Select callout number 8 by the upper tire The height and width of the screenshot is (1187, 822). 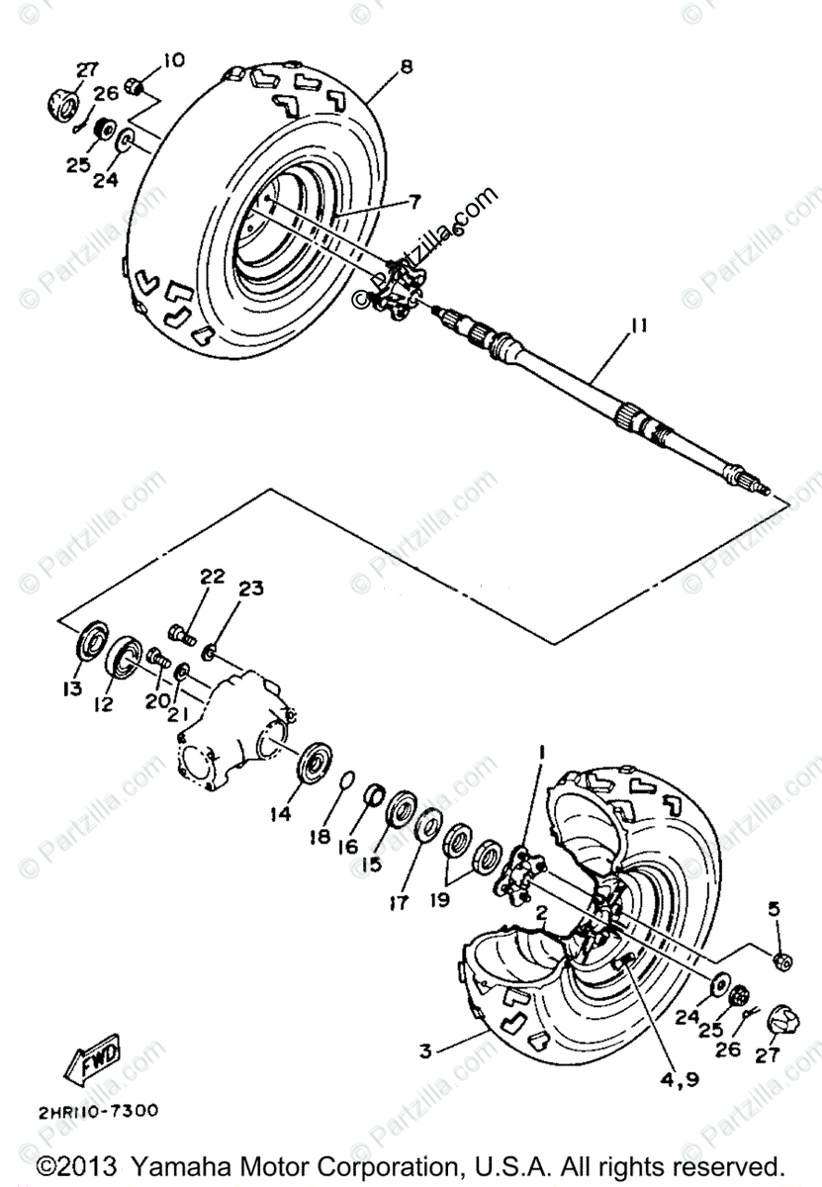pos(407,67)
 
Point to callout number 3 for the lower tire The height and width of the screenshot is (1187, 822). pos(424,1052)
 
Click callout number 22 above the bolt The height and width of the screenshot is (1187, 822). pos(213,577)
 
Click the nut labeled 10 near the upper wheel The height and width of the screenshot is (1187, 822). pos(139,90)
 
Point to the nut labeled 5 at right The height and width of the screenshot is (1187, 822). pos(779,959)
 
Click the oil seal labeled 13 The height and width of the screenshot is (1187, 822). pos(92,639)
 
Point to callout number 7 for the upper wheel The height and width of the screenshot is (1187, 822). pos(414,201)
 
